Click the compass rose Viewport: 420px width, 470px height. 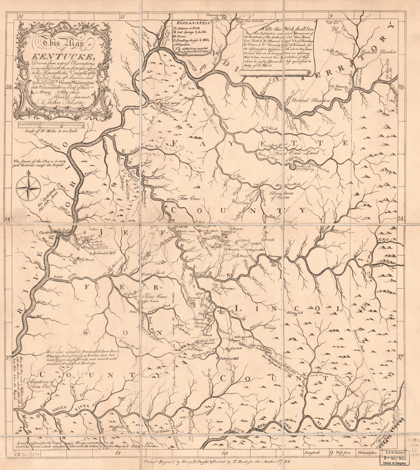(29, 187)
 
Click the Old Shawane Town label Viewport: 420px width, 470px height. (336, 88)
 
